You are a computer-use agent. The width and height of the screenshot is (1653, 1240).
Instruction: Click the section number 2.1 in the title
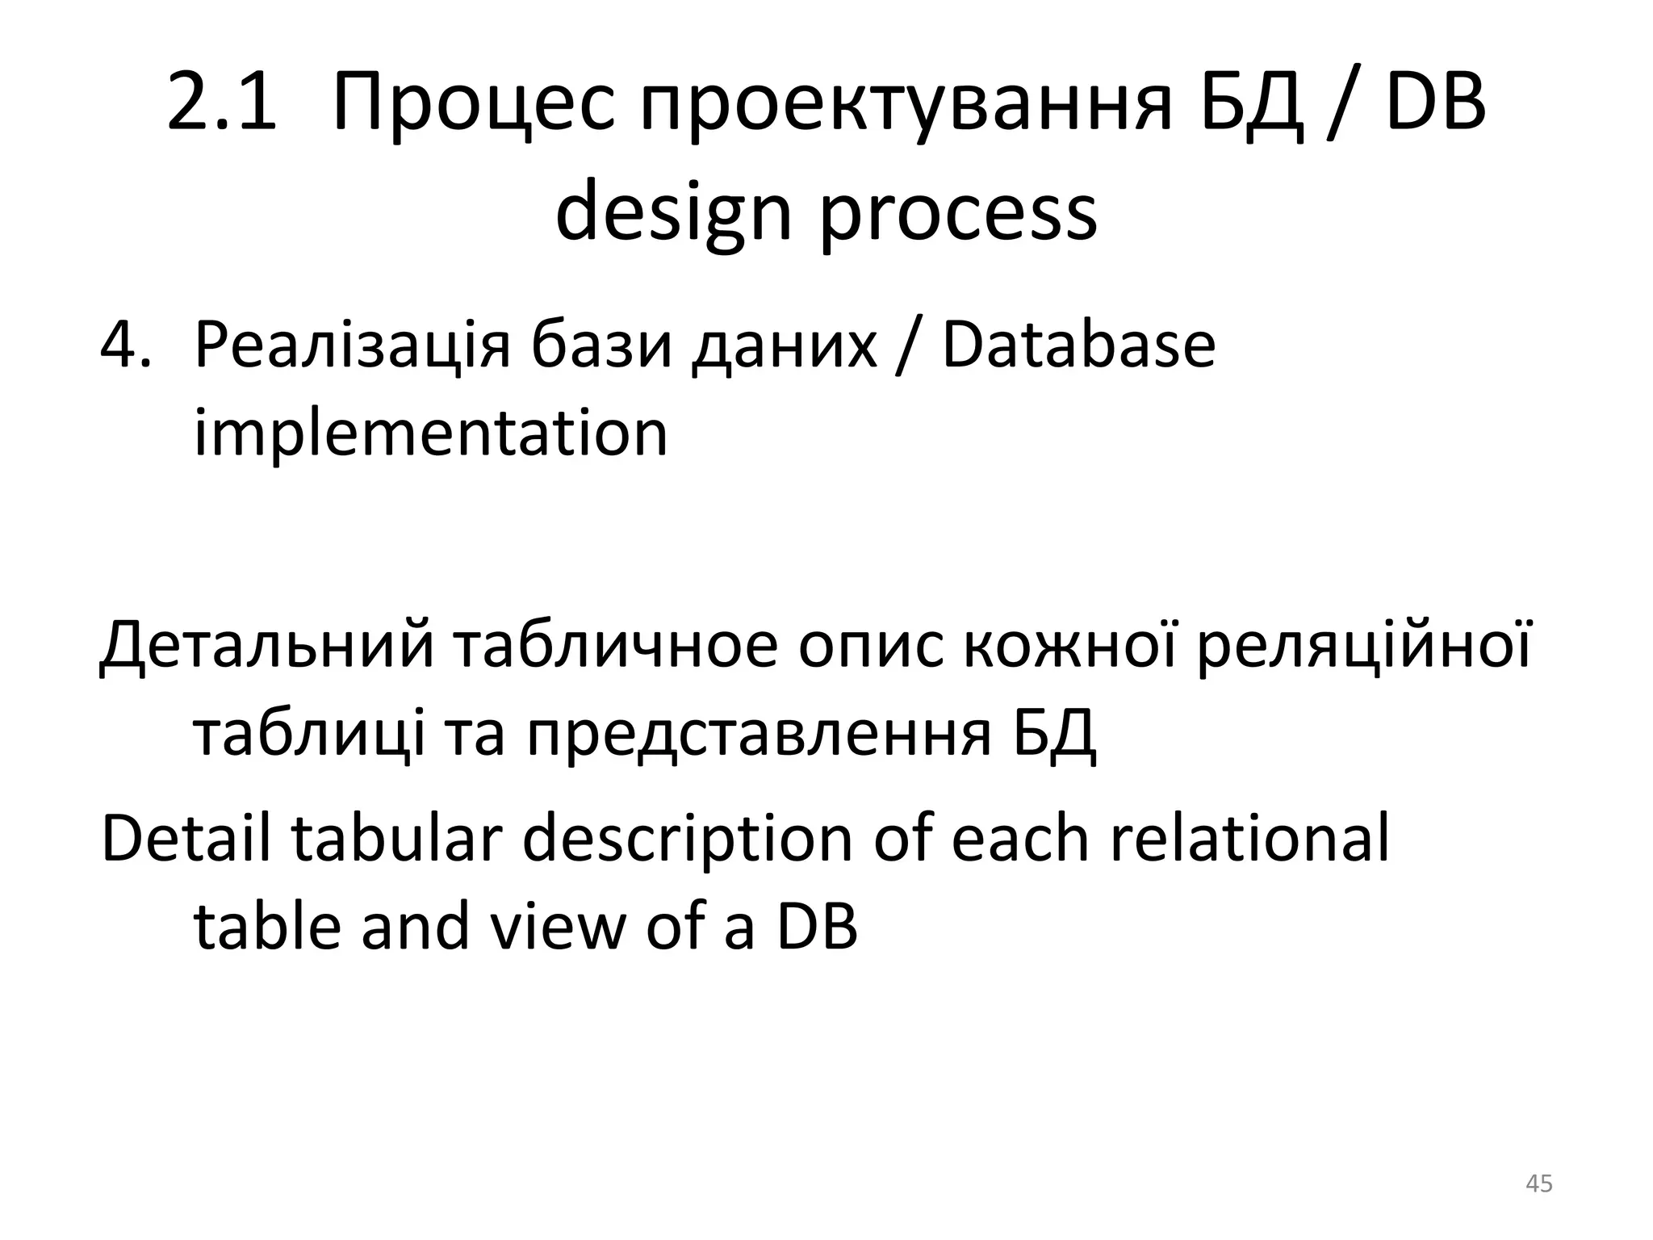pyautogui.click(x=221, y=103)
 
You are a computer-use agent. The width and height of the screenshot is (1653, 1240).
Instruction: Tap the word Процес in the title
pyautogui.click(x=473, y=103)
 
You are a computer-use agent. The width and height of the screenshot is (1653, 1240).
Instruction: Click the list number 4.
pyautogui.click(x=125, y=346)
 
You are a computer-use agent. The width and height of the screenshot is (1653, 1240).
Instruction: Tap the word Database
pyautogui.click(x=1078, y=346)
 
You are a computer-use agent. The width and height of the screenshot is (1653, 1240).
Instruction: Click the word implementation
pyautogui.click(x=431, y=434)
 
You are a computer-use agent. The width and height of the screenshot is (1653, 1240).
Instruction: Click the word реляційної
pyautogui.click(x=1363, y=647)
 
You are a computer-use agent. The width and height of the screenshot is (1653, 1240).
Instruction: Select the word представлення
pyautogui.click(x=759, y=735)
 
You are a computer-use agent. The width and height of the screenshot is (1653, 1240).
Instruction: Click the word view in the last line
pyautogui.click(x=558, y=926)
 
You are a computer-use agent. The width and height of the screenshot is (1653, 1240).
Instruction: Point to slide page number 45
pyautogui.click(x=1538, y=1183)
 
